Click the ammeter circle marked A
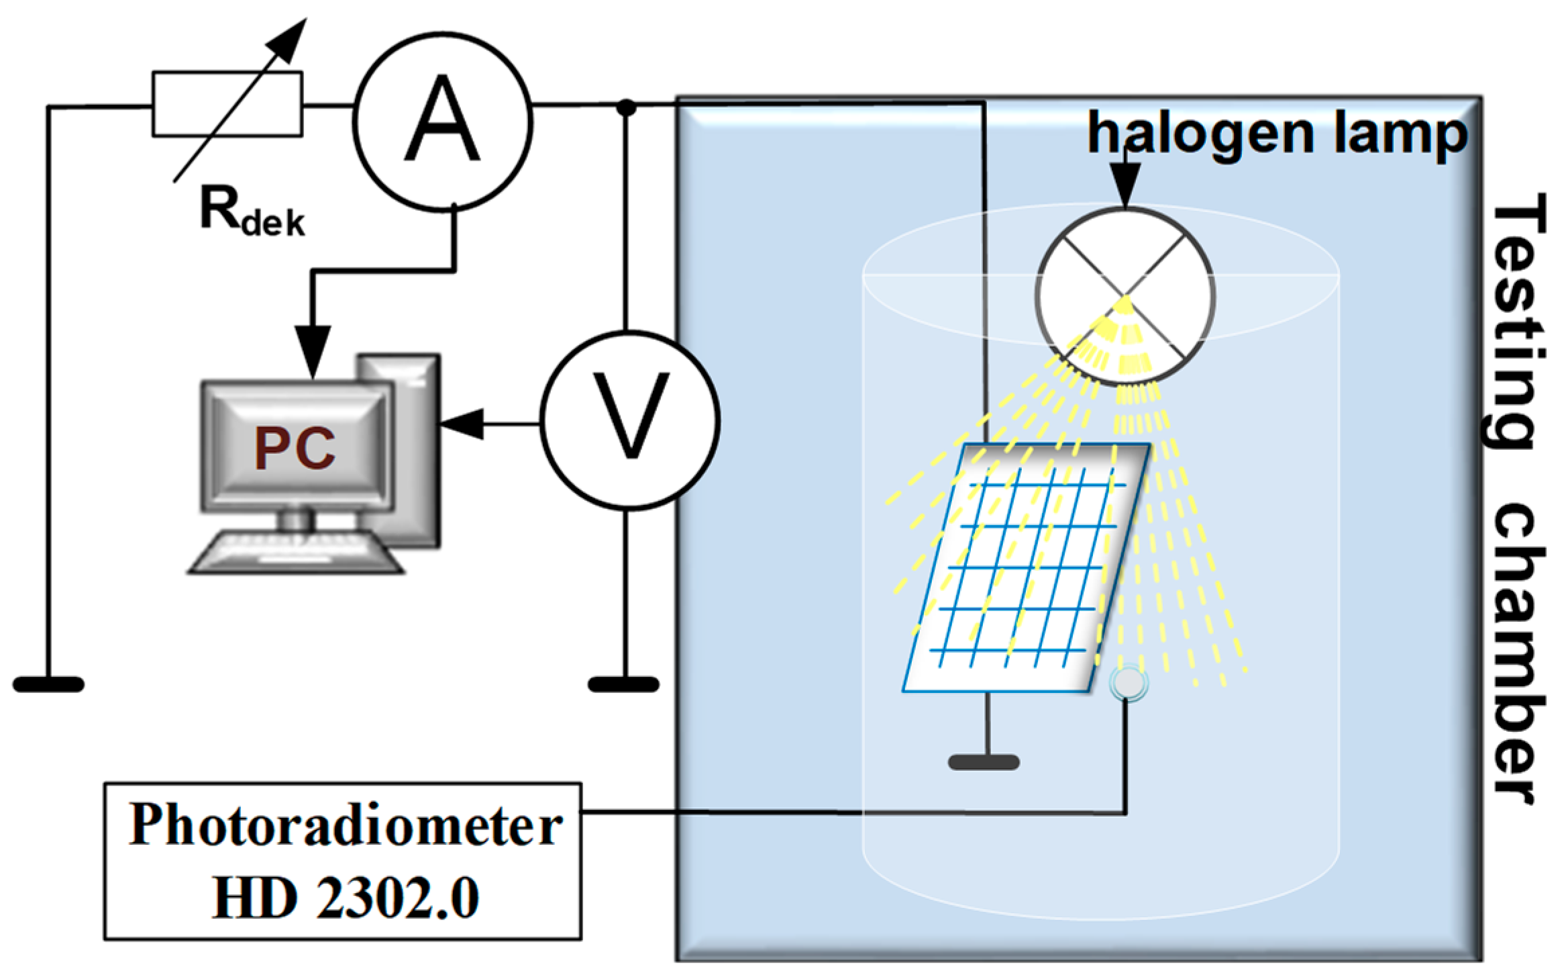443,122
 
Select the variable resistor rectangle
227,104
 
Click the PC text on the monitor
295,449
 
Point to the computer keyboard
295,552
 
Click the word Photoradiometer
345,825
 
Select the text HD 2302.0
345,898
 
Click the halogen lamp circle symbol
1125,295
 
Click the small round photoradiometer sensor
1129,683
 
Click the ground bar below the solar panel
984,762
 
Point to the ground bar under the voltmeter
623,684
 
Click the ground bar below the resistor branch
48,684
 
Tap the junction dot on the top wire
626,106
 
